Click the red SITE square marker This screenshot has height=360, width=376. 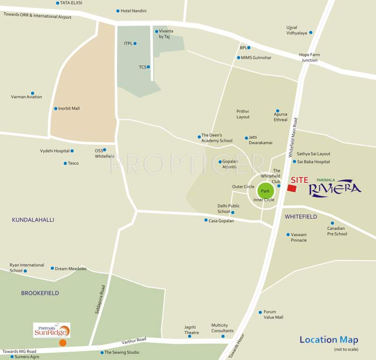point(292,188)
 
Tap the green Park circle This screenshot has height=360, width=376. point(265,191)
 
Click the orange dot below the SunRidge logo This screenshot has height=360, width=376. point(63,343)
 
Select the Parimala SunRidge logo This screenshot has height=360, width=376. point(52,330)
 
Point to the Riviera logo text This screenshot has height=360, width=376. point(335,188)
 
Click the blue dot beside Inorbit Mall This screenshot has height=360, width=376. point(56,109)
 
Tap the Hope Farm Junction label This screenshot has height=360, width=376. point(310,57)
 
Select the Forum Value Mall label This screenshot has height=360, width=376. point(273,315)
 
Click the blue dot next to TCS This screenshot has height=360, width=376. point(148,67)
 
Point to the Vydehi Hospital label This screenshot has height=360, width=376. point(54,151)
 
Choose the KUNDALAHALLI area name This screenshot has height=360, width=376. point(33,220)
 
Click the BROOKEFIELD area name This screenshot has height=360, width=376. point(40,293)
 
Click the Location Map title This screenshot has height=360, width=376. point(329,340)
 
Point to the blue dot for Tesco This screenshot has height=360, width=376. point(65,164)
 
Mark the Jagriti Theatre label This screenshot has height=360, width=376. point(191,330)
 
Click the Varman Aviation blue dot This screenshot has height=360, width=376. point(32,93)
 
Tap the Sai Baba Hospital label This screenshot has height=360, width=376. point(313,162)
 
